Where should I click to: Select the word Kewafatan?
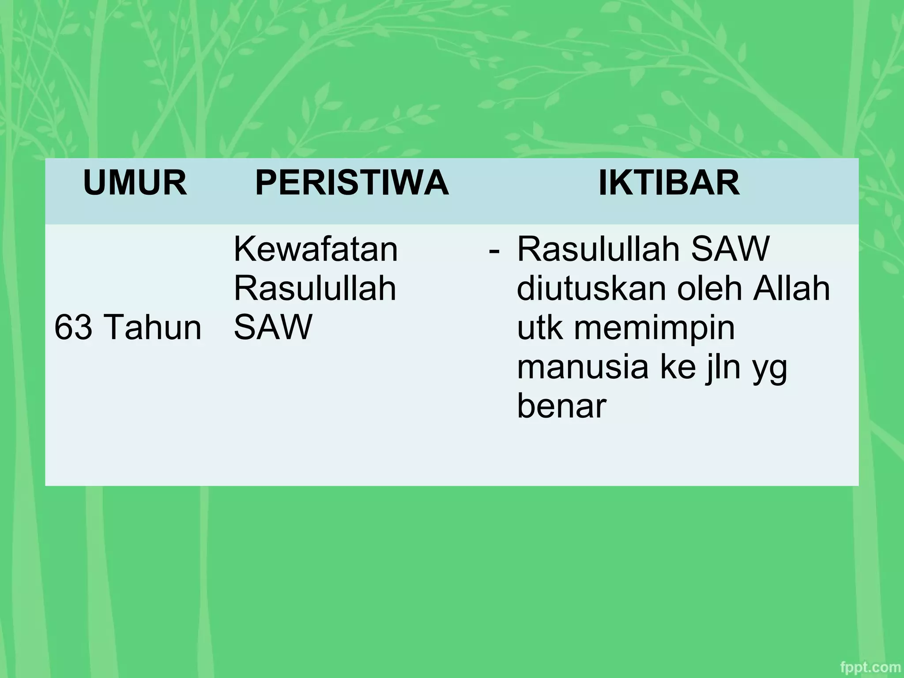316,249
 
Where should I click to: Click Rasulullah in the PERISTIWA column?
315,288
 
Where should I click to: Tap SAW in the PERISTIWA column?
273,328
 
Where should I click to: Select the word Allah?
792,288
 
